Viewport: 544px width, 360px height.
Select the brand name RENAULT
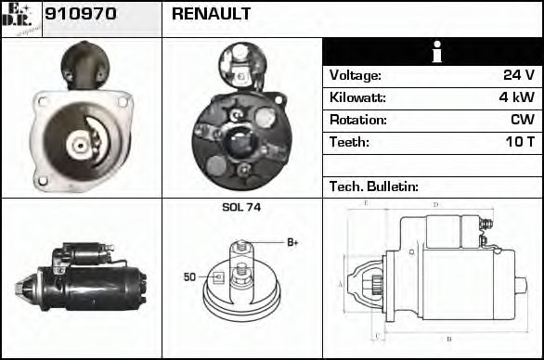[x=211, y=16]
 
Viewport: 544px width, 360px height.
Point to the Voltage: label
[x=356, y=75]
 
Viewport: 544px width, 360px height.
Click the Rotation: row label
[x=357, y=120]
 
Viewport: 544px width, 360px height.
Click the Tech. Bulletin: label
[x=374, y=186]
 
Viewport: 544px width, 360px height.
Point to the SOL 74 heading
[x=241, y=208]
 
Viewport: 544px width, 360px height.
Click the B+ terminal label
[x=292, y=242]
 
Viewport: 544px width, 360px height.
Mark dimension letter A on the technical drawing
[x=340, y=284]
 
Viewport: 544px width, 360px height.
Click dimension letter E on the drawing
[x=366, y=203]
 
